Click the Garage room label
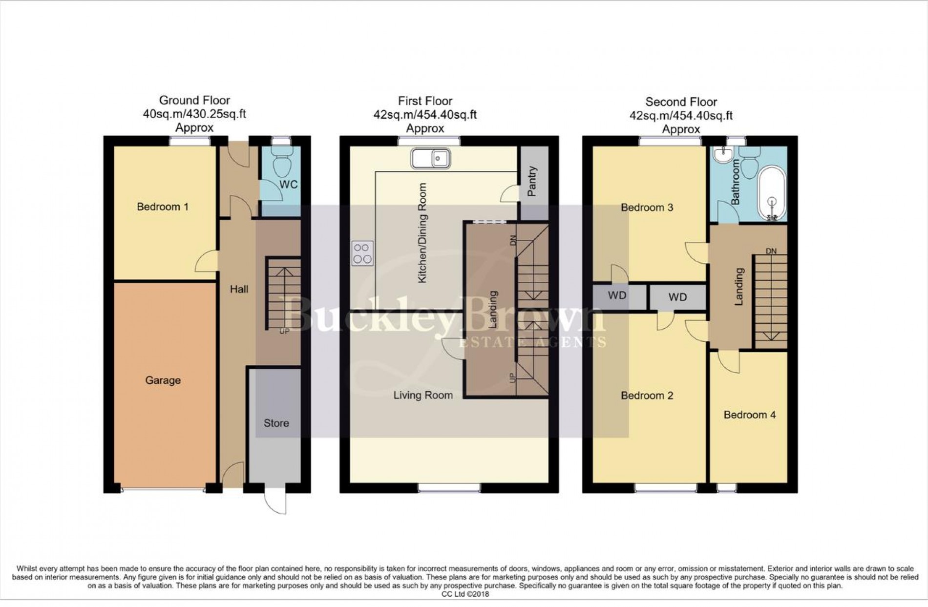point(163,380)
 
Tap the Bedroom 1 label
point(163,207)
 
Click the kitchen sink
point(430,158)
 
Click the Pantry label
point(532,181)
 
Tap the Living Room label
point(423,395)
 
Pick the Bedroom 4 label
point(749,415)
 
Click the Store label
point(276,423)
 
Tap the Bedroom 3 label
point(647,207)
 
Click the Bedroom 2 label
point(647,395)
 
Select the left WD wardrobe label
point(617,295)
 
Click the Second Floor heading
point(681,102)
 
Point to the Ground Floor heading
point(194,100)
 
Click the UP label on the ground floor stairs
point(284,331)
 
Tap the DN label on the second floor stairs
point(771,251)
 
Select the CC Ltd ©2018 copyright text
point(465,594)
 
